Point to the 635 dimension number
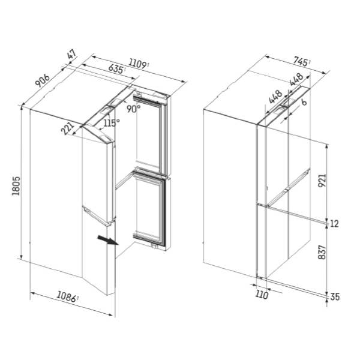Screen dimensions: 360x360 tap(116, 70)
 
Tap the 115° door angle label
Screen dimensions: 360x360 tap(111, 122)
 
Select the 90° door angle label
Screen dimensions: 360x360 tap(133, 109)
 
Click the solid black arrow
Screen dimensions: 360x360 tap(107, 241)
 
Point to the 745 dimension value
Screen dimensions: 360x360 tap(301, 61)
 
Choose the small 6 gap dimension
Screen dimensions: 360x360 tap(304, 103)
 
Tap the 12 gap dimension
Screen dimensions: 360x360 tap(334, 224)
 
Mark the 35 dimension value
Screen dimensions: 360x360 tap(334, 296)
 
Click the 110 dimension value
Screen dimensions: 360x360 tap(261, 294)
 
